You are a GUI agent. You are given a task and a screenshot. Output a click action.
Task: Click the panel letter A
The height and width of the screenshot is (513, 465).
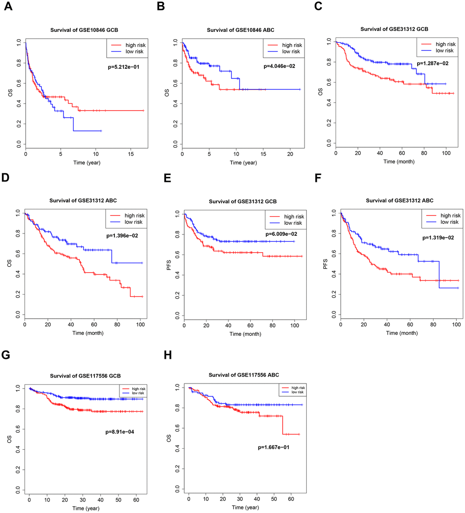[x=8, y=9]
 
